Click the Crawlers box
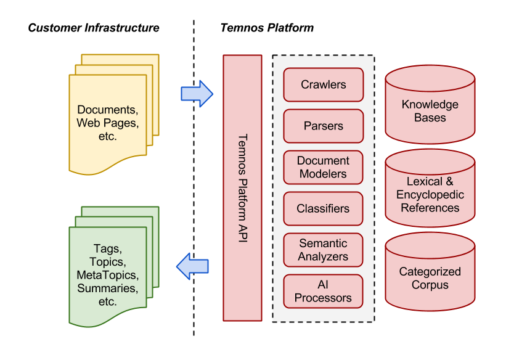(323, 84)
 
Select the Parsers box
(323, 126)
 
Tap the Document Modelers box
(323, 167)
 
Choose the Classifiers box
(323, 208)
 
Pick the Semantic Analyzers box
(323, 250)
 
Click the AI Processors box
(323, 291)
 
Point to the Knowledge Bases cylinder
(430, 110)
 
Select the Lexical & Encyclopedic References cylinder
(430, 195)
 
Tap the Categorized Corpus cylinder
(430, 278)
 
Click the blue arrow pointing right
(197, 93)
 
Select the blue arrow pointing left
(192, 266)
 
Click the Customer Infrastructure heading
(94, 28)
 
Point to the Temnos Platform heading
(267, 28)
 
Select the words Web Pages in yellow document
(107, 123)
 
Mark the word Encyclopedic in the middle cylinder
(430, 195)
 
